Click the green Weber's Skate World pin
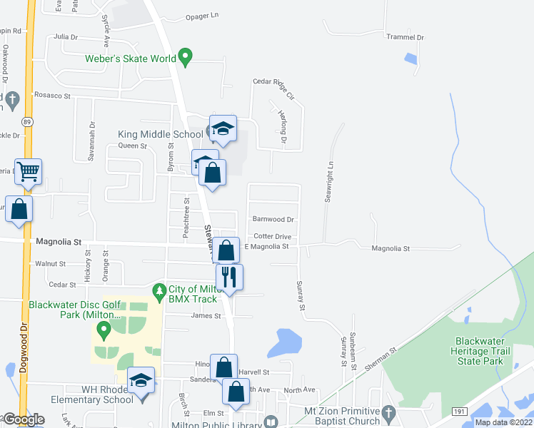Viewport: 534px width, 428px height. coord(186,56)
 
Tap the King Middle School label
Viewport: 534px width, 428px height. coord(160,134)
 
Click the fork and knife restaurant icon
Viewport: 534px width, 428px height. coord(229,276)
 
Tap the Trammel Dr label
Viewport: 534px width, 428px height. coord(405,37)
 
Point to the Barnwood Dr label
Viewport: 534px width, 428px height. coord(273,220)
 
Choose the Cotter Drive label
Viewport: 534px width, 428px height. coord(272,236)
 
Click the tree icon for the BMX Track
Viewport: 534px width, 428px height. coord(158,290)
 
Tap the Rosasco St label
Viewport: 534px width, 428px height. coord(54,95)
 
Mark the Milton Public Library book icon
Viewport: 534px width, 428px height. coord(271,422)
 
